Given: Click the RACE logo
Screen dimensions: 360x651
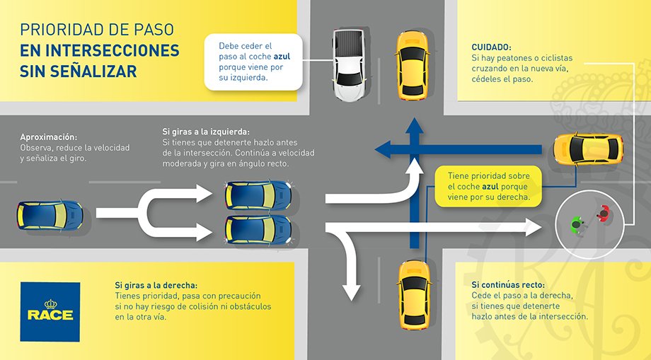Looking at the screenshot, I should point(50,311).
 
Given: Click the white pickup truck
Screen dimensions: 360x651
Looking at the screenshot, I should point(348,65).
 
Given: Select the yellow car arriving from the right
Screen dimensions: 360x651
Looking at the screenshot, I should point(587,148).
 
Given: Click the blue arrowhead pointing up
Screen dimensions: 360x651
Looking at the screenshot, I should point(413,127).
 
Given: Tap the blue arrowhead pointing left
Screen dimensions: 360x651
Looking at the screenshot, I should point(384,148).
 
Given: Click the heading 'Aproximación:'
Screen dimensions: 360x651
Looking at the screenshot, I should point(48,137).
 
